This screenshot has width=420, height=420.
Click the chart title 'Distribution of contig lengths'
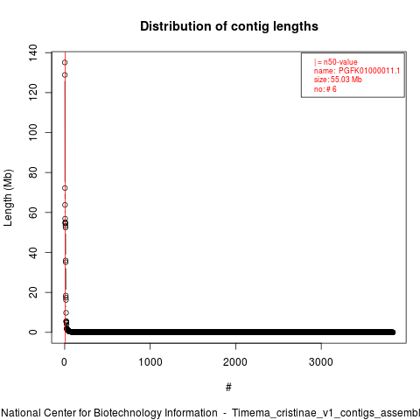coord(229,26)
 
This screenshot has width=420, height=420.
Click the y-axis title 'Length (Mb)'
coord(8,198)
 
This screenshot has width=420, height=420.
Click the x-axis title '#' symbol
coord(228,388)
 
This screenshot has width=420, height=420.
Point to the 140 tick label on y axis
coord(32,52)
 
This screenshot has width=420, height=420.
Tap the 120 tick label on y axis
coord(32,92)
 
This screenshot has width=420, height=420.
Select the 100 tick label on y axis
coord(32,132)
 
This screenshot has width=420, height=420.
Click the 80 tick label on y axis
coord(32,172)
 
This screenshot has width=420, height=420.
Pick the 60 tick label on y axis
coord(32,213)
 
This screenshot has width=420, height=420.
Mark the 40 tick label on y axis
coord(32,252)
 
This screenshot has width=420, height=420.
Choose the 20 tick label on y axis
coord(32,292)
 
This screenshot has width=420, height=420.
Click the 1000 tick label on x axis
coord(150,362)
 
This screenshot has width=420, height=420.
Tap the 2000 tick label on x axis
coord(235,362)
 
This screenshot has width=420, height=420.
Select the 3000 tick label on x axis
coord(321,362)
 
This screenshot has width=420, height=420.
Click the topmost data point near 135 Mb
coord(65,62)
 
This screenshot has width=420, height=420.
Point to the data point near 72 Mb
coord(65,188)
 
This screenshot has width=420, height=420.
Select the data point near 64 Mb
coord(65,205)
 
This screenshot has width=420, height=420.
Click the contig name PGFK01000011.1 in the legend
coord(369,71)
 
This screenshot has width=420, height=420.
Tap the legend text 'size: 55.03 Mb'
coord(338,80)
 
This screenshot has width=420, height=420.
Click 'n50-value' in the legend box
coord(340,62)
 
